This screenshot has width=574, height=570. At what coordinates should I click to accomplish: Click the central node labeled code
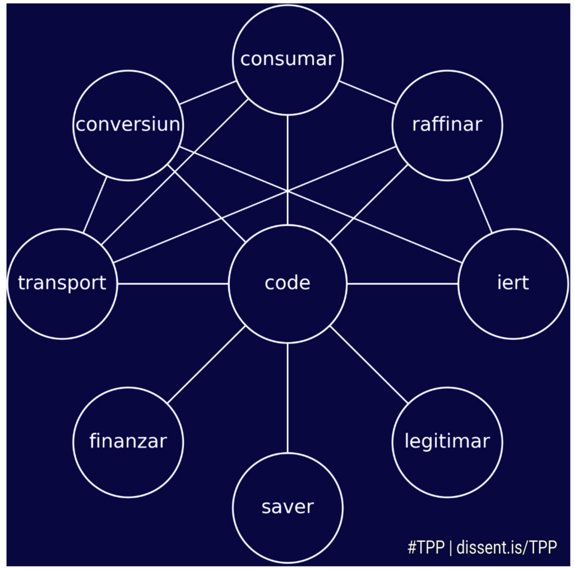[x=288, y=284]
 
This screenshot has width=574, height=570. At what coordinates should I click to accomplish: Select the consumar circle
[x=288, y=59]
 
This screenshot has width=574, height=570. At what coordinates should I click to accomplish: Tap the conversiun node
[x=128, y=125]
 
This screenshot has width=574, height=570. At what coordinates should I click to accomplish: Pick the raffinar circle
[x=447, y=125]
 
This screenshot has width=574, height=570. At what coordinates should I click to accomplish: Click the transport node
[x=62, y=284]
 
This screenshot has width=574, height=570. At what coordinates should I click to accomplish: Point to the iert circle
[x=513, y=284]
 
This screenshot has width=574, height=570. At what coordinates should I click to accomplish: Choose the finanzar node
[x=128, y=442]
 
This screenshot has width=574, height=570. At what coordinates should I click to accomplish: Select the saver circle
[x=288, y=508]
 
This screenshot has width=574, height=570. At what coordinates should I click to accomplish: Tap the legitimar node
[x=447, y=442]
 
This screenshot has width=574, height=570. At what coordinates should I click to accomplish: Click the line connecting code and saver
[x=288, y=398]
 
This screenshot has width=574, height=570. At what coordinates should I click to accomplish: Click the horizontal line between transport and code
[x=173, y=284]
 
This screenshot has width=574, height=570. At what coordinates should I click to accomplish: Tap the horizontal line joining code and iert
[x=402, y=284]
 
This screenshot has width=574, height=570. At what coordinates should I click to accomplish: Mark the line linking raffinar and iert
[x=480, y=205]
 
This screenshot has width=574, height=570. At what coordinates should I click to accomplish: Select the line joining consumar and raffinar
[x=367, y=92]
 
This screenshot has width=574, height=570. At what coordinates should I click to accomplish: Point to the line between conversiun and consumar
[x=208, y=92]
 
